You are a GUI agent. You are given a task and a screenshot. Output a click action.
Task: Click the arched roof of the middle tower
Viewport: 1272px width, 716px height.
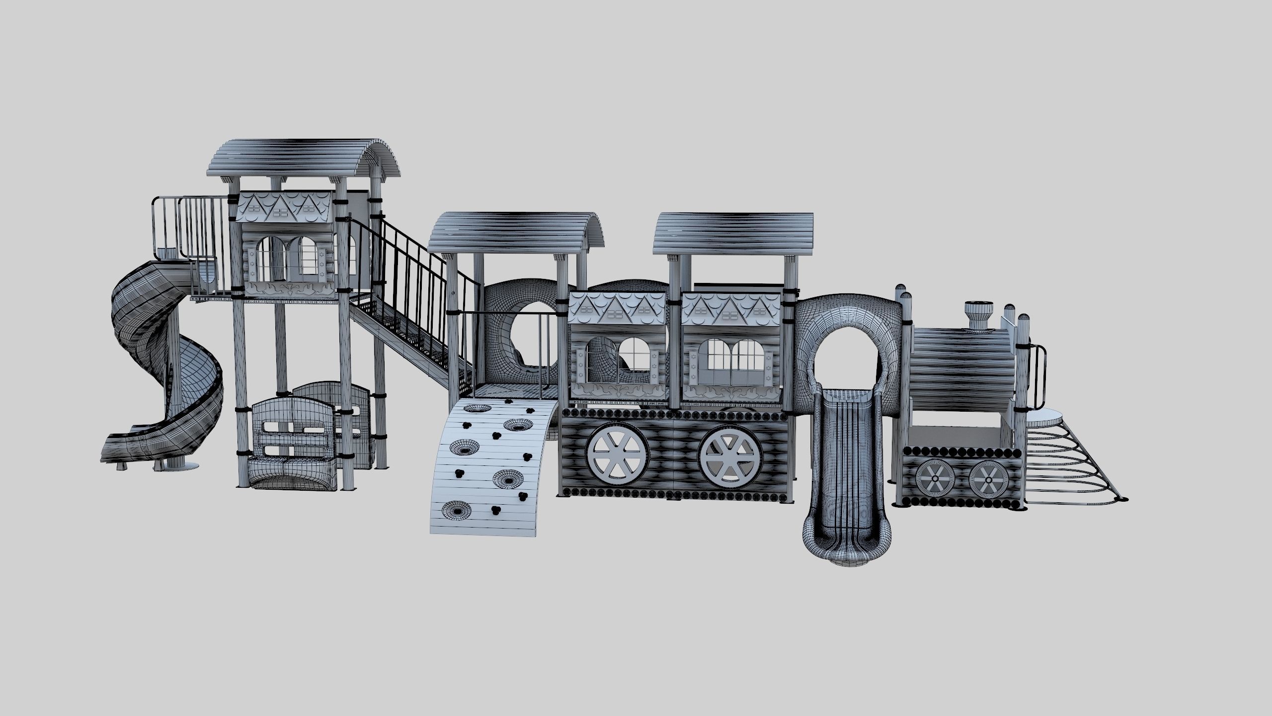pos(517,231)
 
